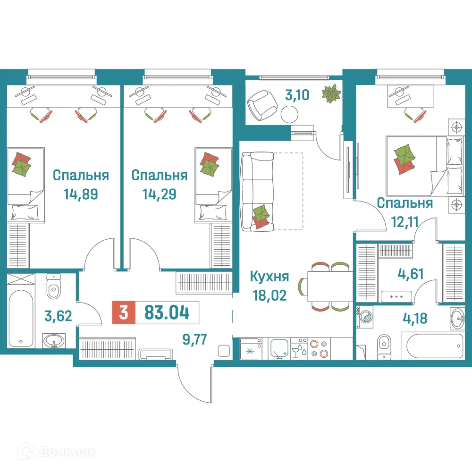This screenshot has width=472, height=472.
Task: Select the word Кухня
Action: [x=270, y=277]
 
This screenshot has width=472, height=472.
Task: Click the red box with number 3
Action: [x=124, y=313]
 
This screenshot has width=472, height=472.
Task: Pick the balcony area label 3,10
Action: [x=297, y=95]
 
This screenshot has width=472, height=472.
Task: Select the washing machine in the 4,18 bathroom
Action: [x=365, y=316]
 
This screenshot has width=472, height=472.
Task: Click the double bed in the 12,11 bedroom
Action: [x=416, y=166]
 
